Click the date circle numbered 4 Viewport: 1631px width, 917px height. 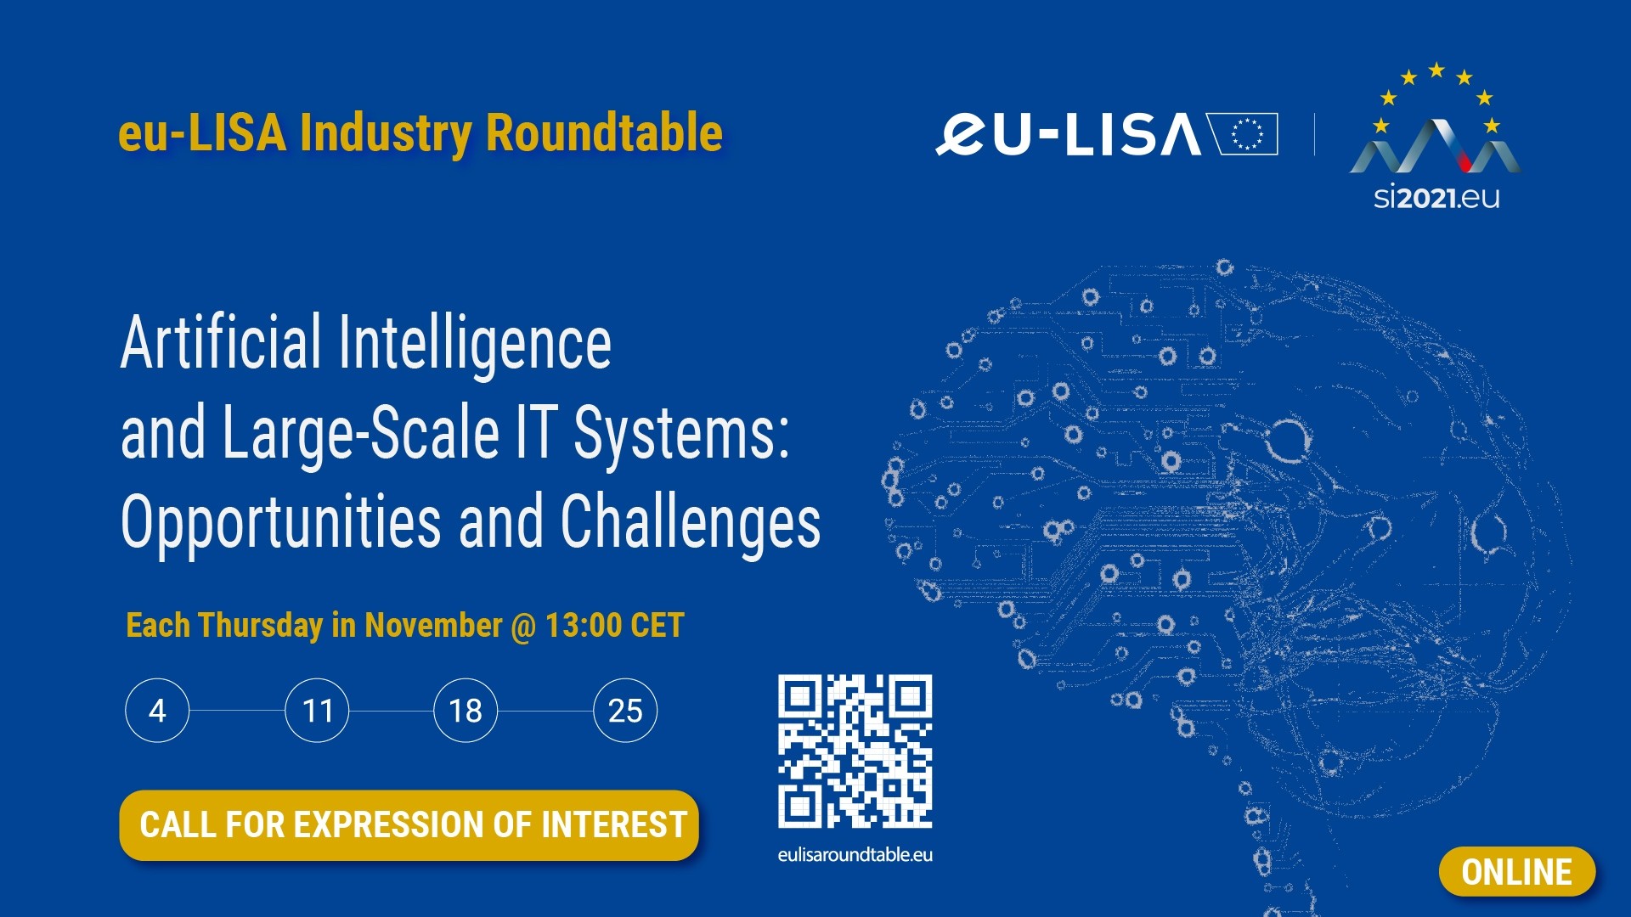tap(157, 711)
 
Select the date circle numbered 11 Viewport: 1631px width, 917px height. tap(317, 711)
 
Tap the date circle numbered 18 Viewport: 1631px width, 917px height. tap(466, 711)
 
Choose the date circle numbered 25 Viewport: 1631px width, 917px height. tap(625, 711)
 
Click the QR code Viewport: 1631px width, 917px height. tap(855, 751)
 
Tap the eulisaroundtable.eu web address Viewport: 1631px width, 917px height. tap(855, 855)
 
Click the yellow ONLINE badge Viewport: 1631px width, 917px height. tap(1517, 872)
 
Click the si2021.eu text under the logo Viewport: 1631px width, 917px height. tap(1436, 198)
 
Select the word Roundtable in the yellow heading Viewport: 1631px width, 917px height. tap(604, 133)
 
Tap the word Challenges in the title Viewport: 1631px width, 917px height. tap(691, 522)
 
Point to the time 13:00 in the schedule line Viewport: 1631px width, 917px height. tap(584, 626)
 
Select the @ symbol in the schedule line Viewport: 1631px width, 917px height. tap(523, 627)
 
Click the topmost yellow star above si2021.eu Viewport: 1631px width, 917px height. tap(1436, 70)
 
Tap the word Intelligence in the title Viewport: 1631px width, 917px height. tap(475, 344)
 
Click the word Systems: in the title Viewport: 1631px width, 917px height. tap(681, 433)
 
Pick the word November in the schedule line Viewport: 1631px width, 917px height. tap(433, 626)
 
